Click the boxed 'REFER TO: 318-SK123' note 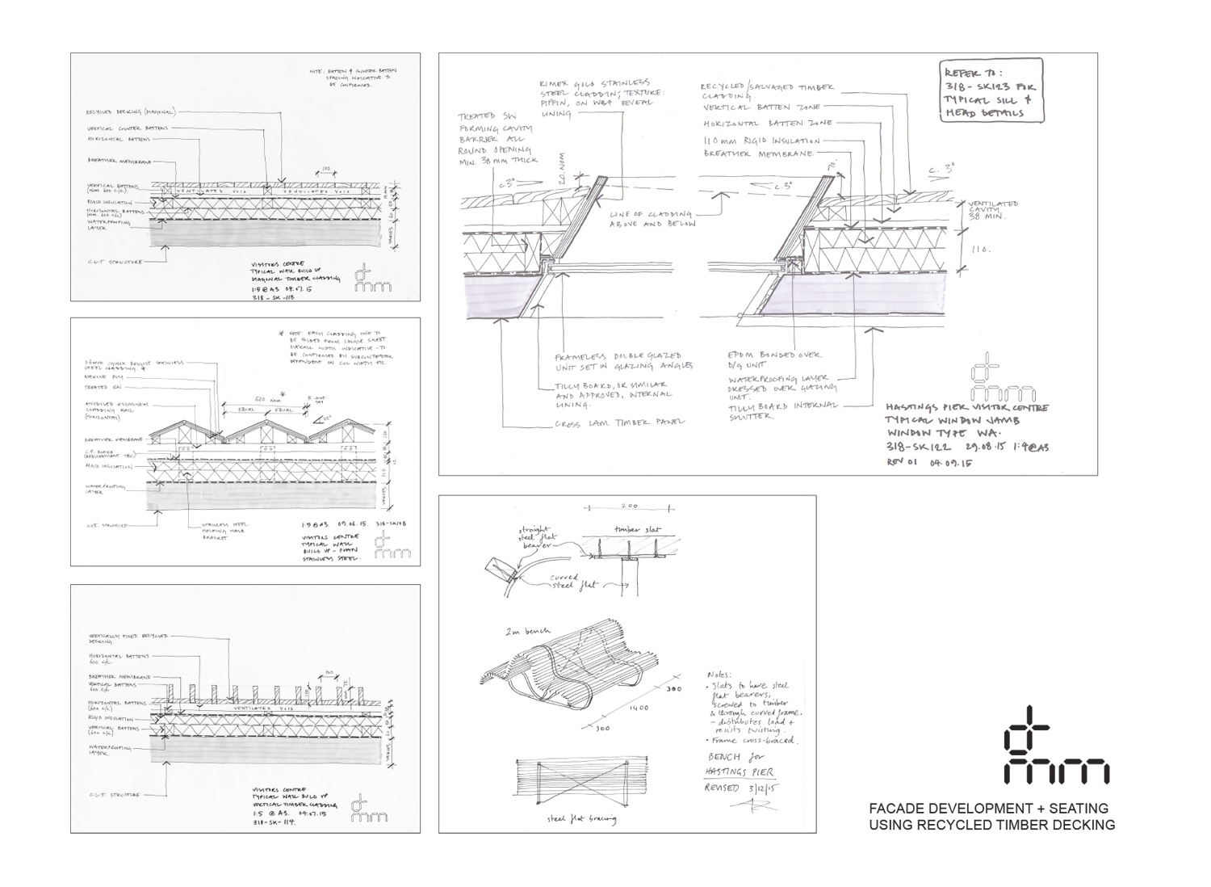[x=992, y=91]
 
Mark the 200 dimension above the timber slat [x=629, y=507]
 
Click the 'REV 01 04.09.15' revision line [x=928, y=464]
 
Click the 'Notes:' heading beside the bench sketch [x=718, y=675]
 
